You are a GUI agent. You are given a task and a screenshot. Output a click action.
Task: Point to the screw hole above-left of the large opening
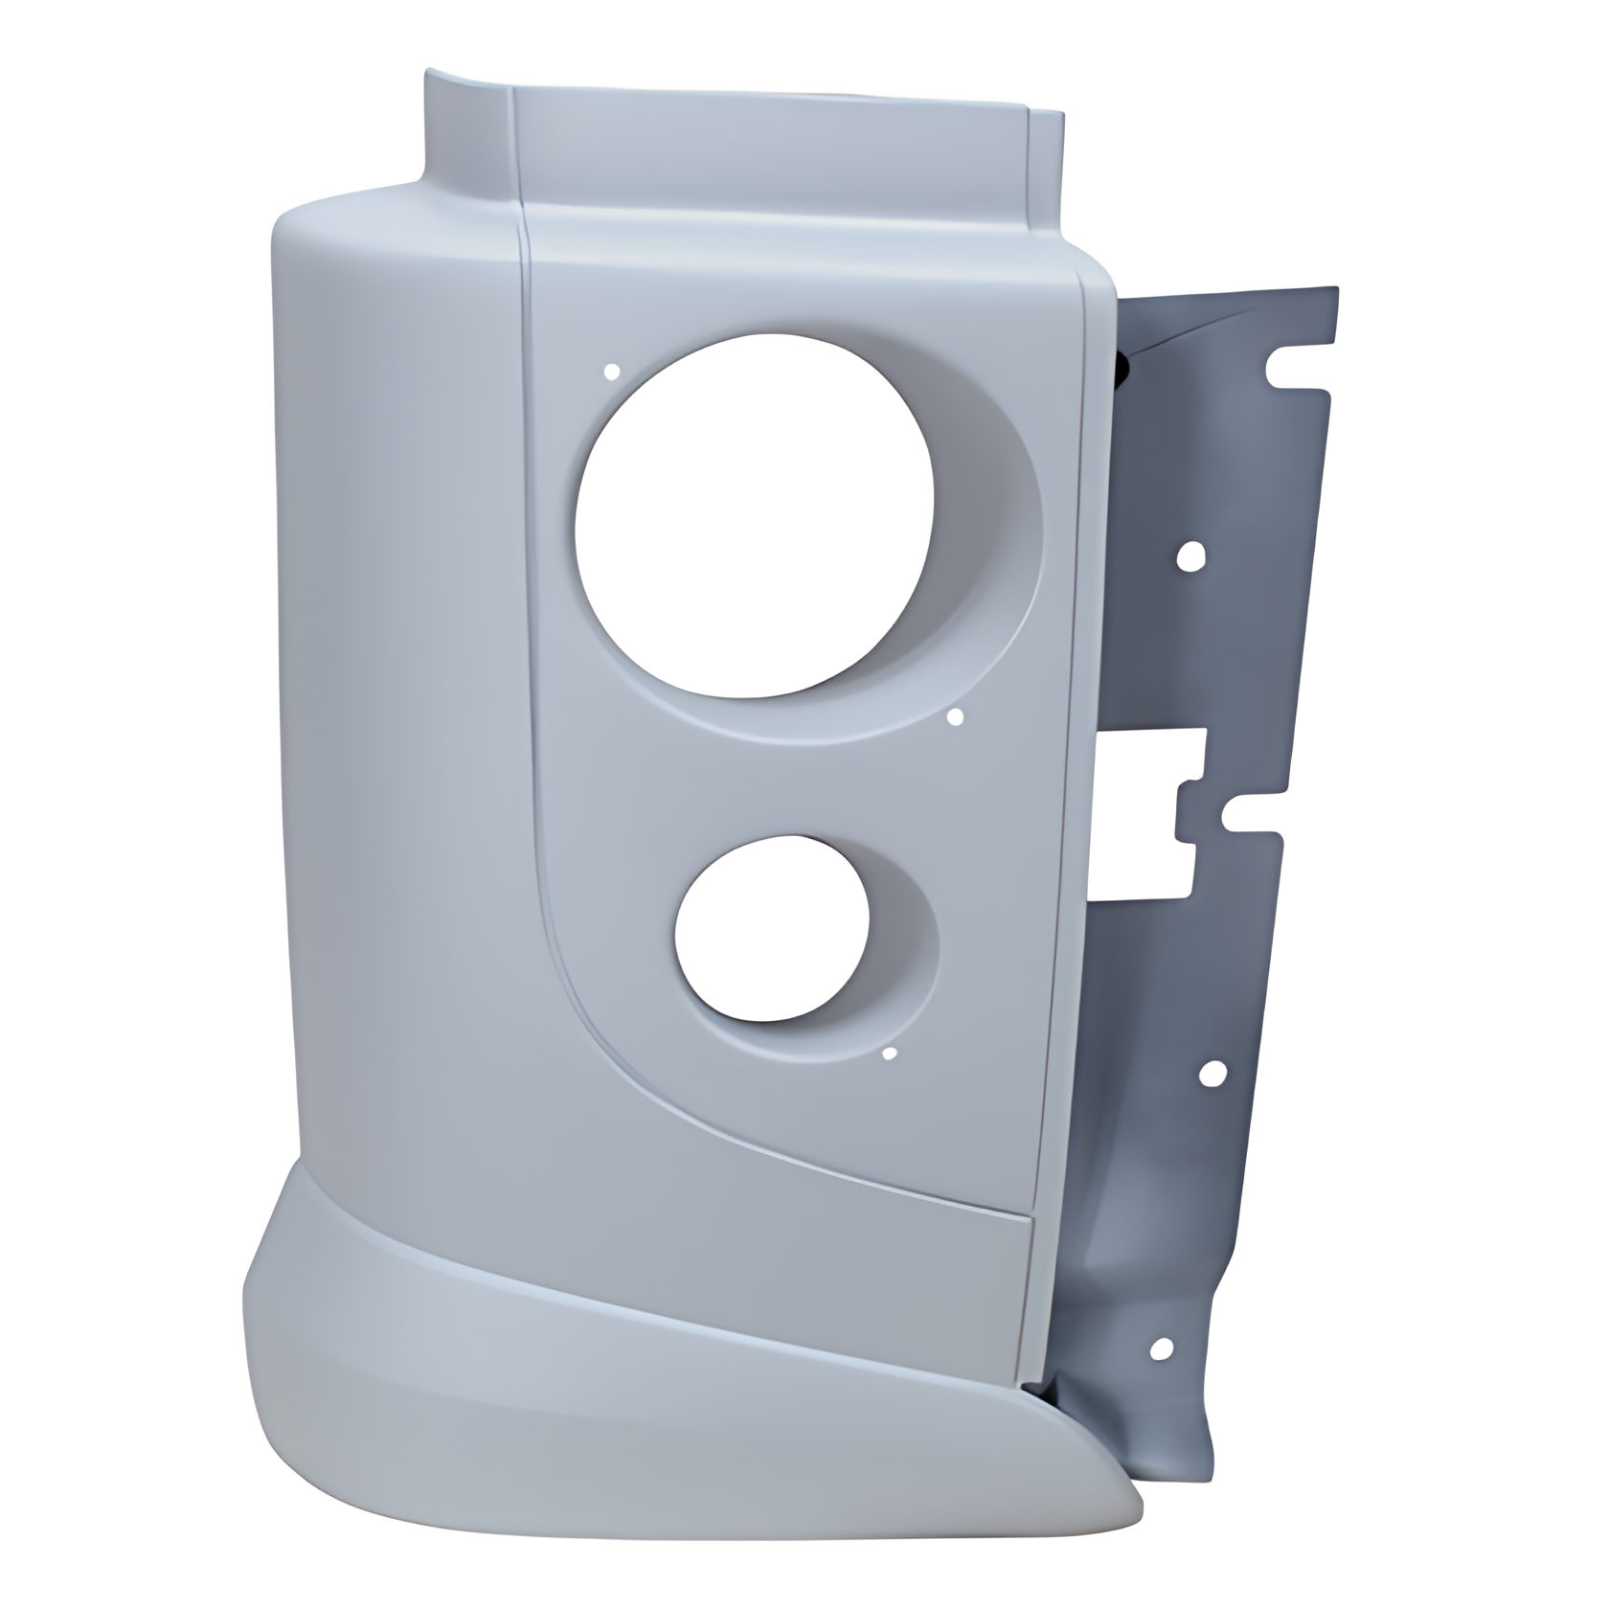point(614,370)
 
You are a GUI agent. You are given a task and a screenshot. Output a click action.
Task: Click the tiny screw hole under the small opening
point(889,1054)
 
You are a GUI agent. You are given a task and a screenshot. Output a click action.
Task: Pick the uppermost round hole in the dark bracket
point(1193,556)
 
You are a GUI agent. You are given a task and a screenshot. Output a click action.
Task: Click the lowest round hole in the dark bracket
point(1162,1349)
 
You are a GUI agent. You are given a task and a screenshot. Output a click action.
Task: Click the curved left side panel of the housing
point(402,670)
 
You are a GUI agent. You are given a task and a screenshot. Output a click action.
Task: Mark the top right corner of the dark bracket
point(1333,292)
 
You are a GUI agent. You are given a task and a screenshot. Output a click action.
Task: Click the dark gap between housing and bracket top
point(1122,369)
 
